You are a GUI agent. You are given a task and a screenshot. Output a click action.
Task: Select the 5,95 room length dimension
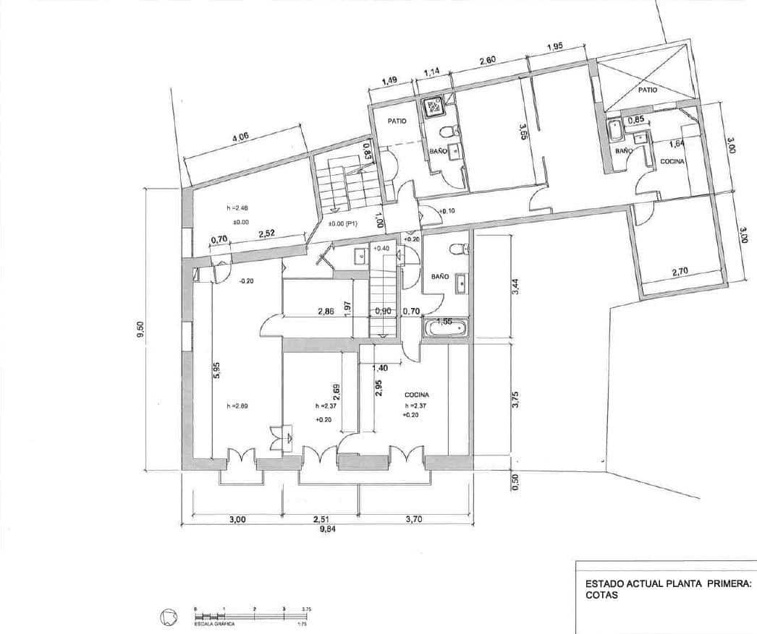[x=216, y=370]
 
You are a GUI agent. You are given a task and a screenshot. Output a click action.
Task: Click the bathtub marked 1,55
[x=445, y=327]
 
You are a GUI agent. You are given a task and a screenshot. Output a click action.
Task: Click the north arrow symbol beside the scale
[x=168, y=617]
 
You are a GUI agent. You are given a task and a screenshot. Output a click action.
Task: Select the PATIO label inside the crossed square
[x=647, y=92]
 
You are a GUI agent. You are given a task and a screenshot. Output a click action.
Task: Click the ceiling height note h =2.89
[x=237, y=406]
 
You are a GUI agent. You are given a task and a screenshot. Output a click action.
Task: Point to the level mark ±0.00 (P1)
[x=341, y=223]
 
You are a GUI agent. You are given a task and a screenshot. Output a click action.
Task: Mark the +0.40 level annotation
[x=381, y=248]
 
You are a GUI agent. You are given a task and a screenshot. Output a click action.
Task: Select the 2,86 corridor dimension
[x=326, y=312]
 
